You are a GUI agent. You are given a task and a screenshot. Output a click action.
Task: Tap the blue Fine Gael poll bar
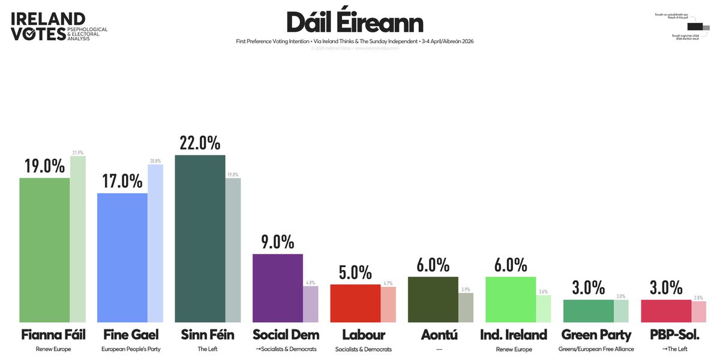coord(122,258)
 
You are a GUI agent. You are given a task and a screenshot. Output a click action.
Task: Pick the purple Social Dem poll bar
coord(277,289)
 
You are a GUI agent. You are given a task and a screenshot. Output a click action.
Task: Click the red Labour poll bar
coord(355,304)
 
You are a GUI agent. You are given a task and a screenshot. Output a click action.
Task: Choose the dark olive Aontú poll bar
coord(433,299)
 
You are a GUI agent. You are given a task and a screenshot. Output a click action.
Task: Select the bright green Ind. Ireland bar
coord(510,299)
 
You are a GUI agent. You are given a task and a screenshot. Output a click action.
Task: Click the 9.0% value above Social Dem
coord(277,242)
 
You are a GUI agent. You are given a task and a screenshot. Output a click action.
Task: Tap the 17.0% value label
coord(122,181)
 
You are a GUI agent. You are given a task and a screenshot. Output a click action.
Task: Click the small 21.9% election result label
coord(78,152)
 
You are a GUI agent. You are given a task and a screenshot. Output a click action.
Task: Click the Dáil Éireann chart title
coord(355,23)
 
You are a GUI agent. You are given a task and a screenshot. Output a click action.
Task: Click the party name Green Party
coord(588,335)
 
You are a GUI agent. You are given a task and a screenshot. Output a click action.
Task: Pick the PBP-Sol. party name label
coord(665,335)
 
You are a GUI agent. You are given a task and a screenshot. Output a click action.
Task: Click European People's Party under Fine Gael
coord(122,349)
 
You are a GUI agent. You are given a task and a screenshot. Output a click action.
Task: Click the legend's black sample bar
coord(695,26)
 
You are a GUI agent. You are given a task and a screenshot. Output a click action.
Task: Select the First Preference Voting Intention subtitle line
coord(355,41)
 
